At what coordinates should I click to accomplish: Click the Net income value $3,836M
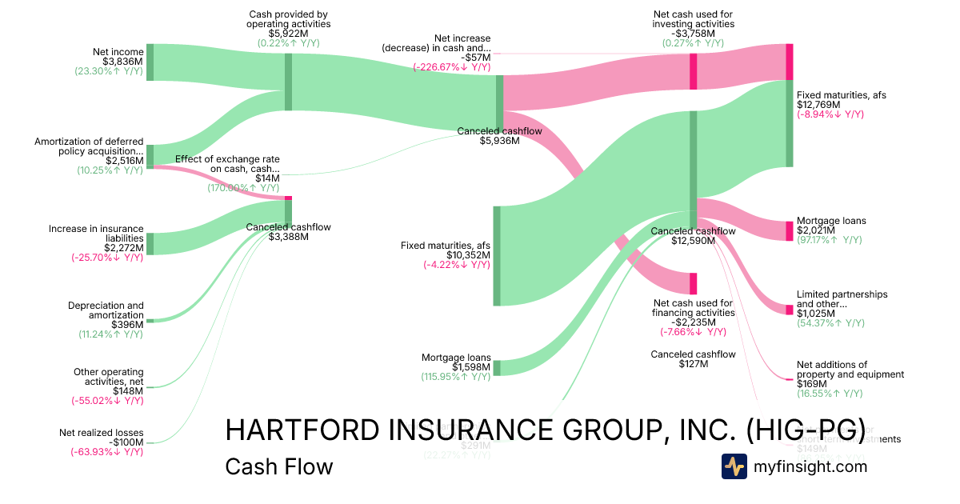(x=122, y=62)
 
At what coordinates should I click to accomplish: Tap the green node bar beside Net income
(x=150, y=62)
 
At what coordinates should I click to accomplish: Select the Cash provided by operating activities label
(x=288, y=19)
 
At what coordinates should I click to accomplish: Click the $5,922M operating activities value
(x=288, y=34)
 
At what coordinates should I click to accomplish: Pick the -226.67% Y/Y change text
(x=451, y=67)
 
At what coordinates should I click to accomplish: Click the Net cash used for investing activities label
(x=693, y=19)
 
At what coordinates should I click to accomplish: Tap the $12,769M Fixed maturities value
(x=818, y=105)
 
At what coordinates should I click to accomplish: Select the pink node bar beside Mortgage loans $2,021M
(x=789, y=231)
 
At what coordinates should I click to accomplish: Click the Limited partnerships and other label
(x=842, y=299)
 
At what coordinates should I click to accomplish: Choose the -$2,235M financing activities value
(x=693, y=322)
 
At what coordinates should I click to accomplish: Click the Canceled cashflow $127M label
(x=693, y=358)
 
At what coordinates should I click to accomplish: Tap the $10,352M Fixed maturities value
(x=469, y=255)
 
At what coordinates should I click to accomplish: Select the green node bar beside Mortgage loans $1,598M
(x=497, y=367)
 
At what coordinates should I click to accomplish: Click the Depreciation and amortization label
(x=106, y=310)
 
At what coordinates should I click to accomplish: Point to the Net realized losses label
(x=102, y=433)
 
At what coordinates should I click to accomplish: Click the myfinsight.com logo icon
(x=734, y=466)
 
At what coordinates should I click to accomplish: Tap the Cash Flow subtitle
(x=278, y=466)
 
